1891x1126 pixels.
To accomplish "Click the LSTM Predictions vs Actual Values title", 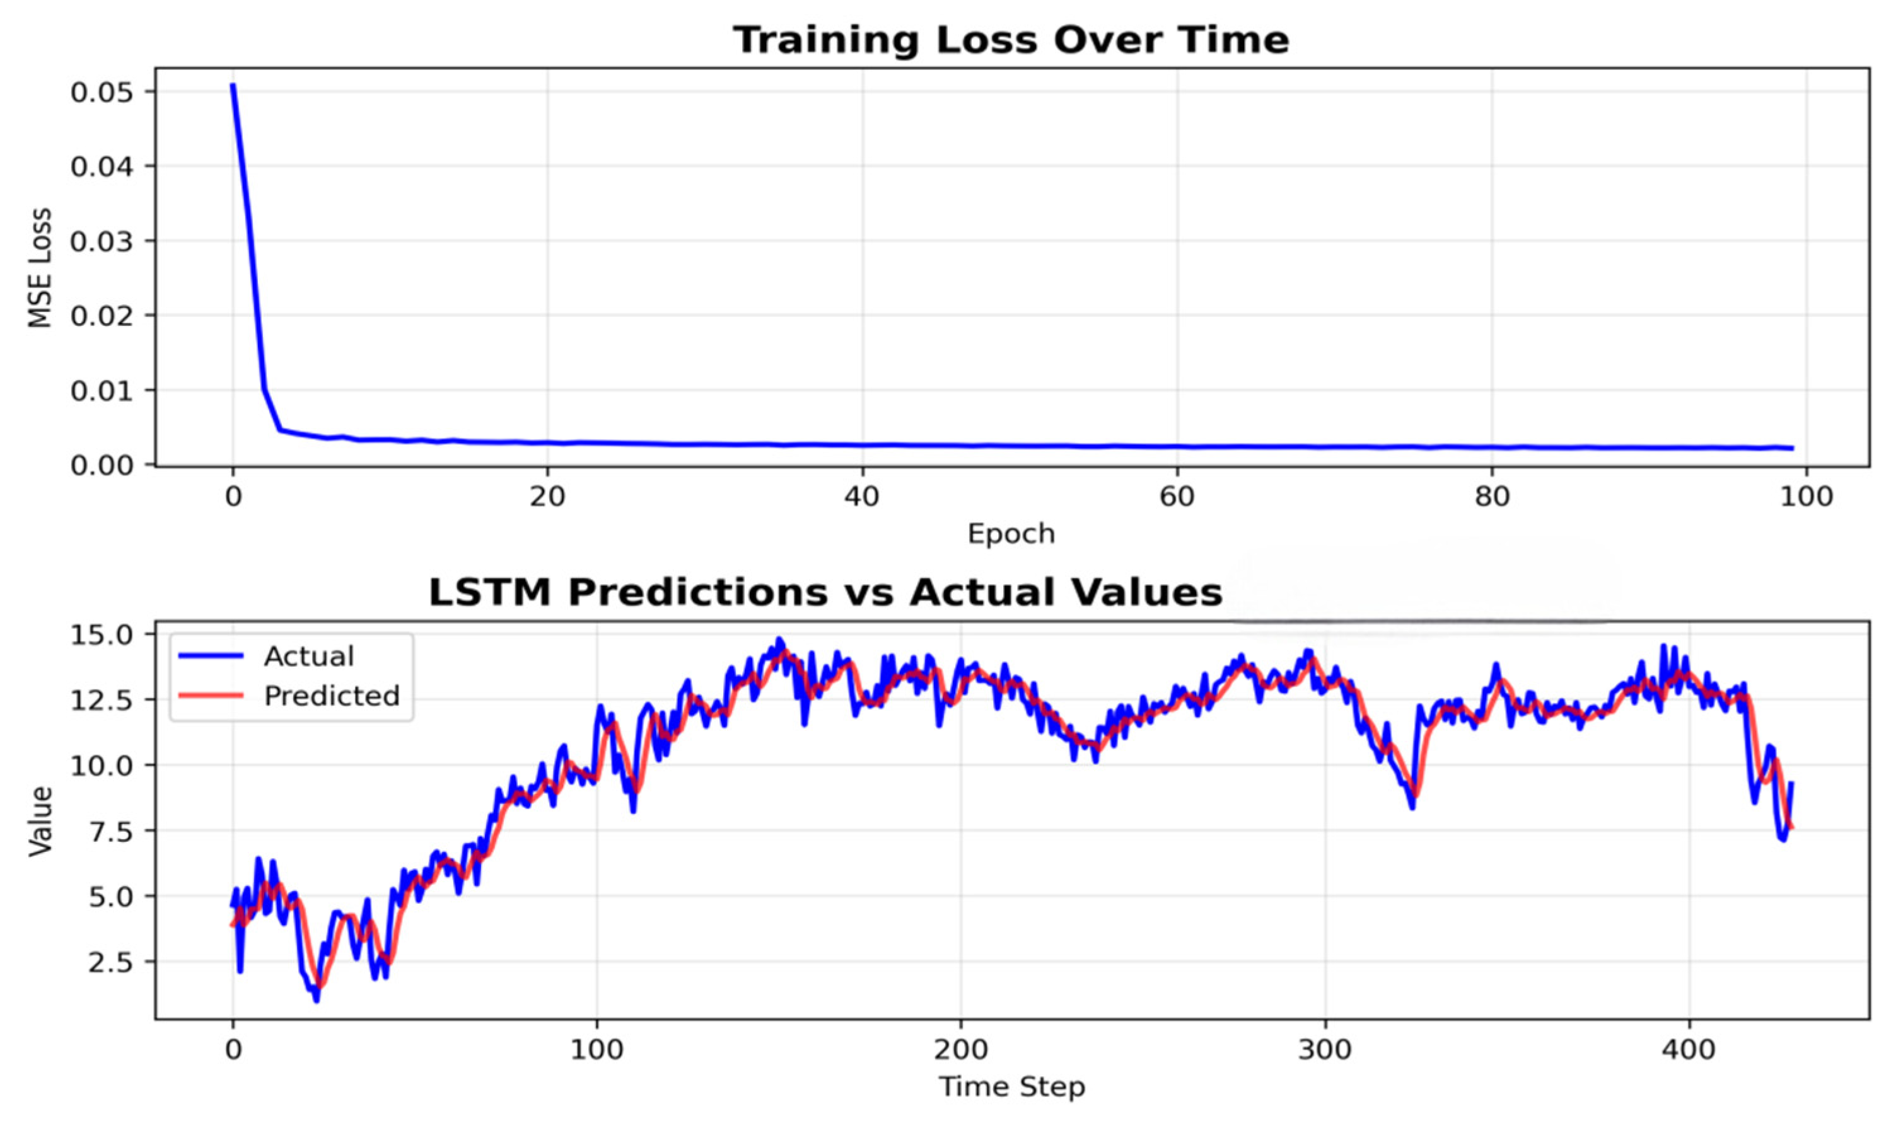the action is [x=825, y=592].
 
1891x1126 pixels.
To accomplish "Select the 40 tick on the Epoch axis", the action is [x=863, y=498].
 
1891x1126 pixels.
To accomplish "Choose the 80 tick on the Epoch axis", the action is [x=1492, y=498].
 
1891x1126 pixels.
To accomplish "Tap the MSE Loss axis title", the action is [x=40, y=267].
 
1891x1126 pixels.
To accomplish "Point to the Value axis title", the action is [x=40, y=822].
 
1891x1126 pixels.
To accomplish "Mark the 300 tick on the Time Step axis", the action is [x=1325, y=1050].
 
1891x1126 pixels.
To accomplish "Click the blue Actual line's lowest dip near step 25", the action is [x=317, y=1001].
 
